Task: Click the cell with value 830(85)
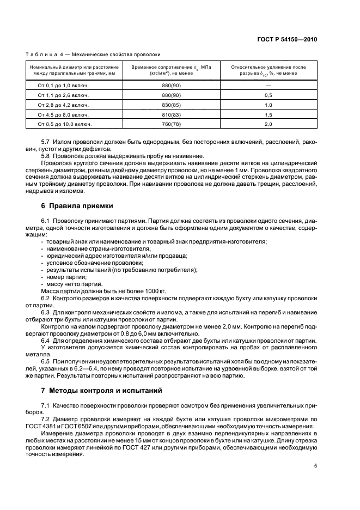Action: (172, 105)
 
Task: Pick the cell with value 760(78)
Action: (172, 124)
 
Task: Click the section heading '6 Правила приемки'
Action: (77, 206)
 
